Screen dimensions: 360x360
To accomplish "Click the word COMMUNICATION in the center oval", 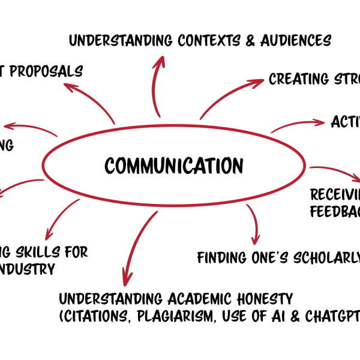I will (174, 165).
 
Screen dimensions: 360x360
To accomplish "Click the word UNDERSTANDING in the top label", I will (112, 41).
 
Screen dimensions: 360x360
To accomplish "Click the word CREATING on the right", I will (298, 79).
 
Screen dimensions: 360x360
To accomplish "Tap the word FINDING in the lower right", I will (221, 258).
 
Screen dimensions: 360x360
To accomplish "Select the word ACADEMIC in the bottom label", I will (197, 299).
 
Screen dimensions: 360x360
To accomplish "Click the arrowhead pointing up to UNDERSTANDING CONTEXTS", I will (161, 61).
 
